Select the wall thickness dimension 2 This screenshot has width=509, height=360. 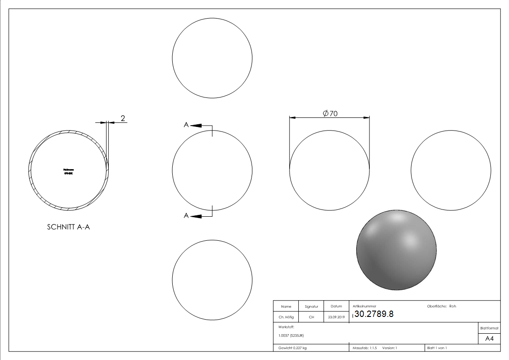[x=122, y=118]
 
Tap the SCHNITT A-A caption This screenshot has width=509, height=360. [x=68, y=228]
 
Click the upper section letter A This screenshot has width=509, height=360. [x=186, y=125]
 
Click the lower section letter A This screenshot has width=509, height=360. [x=186, y=216]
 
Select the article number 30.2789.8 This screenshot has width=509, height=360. [x=374, y=314]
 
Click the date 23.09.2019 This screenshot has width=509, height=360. [x=336, y=317]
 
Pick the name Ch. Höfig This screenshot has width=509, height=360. [x=286, y=317]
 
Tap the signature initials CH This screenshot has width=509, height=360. [x=311, y=317]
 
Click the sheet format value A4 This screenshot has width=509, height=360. [x=489, y=339]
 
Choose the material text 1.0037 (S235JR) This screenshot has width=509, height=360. [x=291, y=336]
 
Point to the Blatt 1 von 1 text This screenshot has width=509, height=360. [x=437, y=348]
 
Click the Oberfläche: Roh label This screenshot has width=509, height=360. [x=441, y=306]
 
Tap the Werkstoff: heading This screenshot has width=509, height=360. [x=286, y=326]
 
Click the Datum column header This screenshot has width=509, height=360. [x=336, y=306]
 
